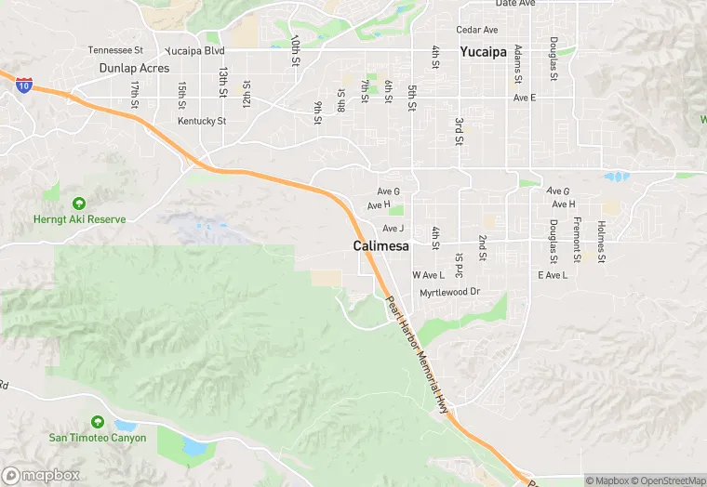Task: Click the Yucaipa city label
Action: click(483, 52)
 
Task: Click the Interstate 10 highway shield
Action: click(23, 86)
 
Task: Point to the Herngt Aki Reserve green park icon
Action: click(78, 203)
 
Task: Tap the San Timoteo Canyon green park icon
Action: click(97, 423)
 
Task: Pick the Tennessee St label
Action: click(115, 50)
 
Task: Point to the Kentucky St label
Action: click(202, 121)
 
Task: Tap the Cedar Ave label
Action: click(476, 30)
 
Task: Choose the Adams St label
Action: click(518, 60)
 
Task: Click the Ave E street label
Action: click(525, 98)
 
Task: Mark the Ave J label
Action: click(394, 229)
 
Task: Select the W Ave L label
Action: click(428, 275)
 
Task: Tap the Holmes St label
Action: click(601, 240)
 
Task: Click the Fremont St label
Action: click(577, 238)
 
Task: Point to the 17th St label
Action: click(136, 91)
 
